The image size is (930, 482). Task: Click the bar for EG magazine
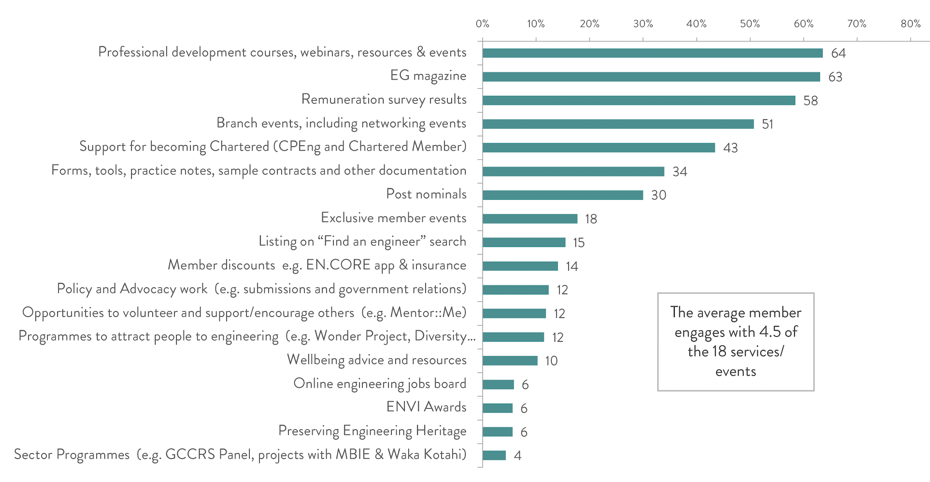[x=651, y=77]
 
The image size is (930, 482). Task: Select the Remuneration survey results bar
[x=639, y=100]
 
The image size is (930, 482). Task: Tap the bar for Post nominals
[x=563, y=195]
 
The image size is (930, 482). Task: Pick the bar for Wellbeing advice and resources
[x=510, y=361]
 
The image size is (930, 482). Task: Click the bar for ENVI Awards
[x=498, y=408]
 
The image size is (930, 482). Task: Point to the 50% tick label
[x=749, y=24]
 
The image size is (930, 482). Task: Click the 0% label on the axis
[x=482, y=24]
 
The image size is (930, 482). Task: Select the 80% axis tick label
[x=910, y=24]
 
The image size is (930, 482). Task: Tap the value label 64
[x=838, y=53]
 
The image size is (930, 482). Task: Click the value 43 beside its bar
[x=730, y=148]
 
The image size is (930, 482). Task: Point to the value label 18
[x=591, y=219]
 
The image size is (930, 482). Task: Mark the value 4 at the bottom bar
[x=518, y=456]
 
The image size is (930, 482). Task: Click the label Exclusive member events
[x=393, y=218]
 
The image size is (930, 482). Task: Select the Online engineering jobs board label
[x=380, y=384]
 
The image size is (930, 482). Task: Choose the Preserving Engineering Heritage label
[x=372, y=431]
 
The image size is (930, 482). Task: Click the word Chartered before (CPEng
[x=239, y=147]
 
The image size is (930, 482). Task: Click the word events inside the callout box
[x=735, y=372]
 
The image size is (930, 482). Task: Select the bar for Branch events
[x=618, y=124]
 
